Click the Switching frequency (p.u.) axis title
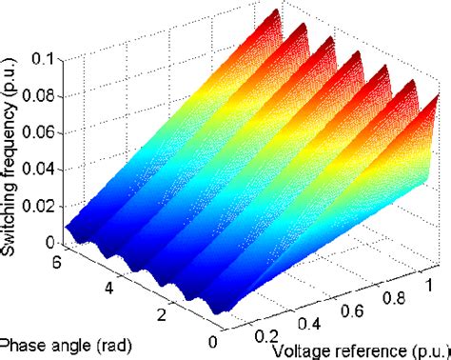click(x=14, y=143)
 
